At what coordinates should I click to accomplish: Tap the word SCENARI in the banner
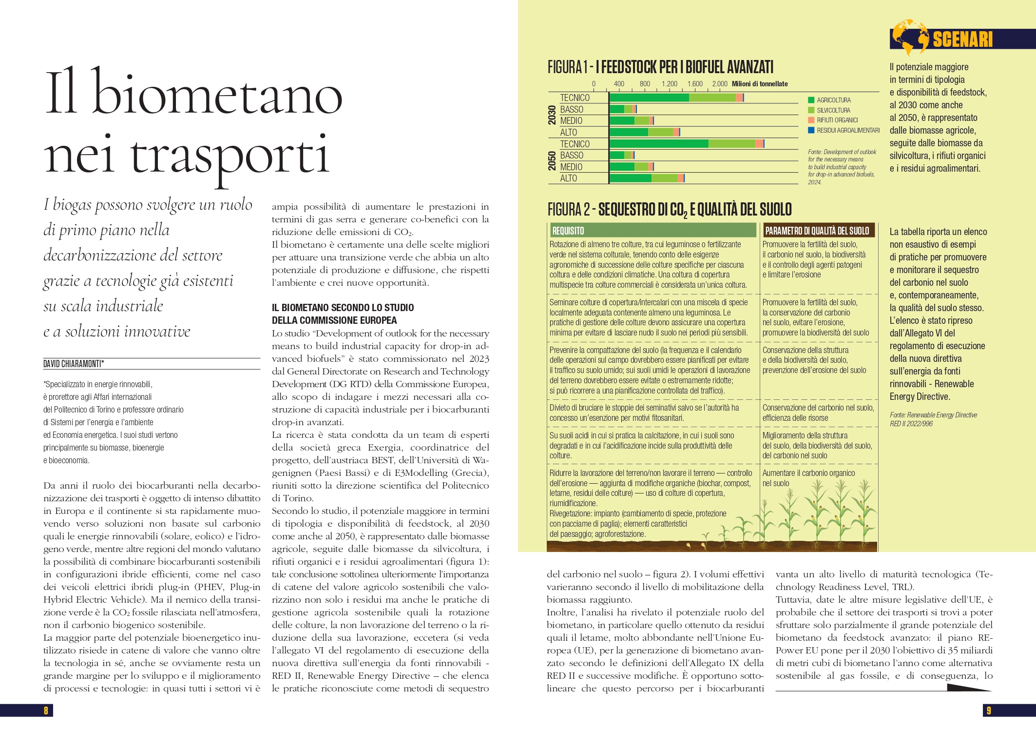pos(962,39)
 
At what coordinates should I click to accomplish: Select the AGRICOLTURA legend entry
pos(833,100)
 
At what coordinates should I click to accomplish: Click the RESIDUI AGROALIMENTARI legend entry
pos(848,130)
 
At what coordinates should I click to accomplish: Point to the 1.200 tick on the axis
pos(669,84)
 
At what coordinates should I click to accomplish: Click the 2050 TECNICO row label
pos(575,144)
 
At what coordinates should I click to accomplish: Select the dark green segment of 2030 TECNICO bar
pos(649,98)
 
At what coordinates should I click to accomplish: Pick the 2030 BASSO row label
pos(572,109)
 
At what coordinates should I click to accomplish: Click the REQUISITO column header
pos(568,231)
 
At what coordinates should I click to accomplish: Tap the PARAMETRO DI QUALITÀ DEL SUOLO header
pos(817,231)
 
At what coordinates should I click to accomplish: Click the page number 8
pos(46,710)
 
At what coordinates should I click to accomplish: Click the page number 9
pos(989,710)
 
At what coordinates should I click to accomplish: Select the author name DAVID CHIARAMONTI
pos(73,364)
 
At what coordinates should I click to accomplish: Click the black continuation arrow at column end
pos(968,688)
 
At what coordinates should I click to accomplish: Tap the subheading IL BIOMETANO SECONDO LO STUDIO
pos(343,308)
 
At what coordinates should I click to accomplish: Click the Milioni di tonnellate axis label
pos(760,84)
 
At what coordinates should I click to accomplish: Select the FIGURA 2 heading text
pos(670,210)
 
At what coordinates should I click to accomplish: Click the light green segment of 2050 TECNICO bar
pos(731,143)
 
